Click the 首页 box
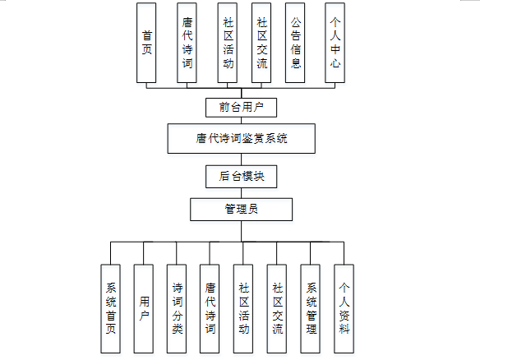coord(147,43)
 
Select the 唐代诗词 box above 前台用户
coord(187,43)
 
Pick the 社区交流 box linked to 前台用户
coord(261,43)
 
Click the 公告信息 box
coord(296,43)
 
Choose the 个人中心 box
coord(334,43)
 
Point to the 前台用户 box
coord(242,108)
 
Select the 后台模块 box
coord(242,176)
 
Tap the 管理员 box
coord(242,209)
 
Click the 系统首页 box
coord(111,309)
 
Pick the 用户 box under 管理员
coord(145,309)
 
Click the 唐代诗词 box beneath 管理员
coord(210,309)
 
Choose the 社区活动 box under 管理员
coord(244,309)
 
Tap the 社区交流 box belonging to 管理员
coord(278,309)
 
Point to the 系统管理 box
coord(312,309)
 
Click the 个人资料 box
coord(345,309)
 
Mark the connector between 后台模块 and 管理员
coord(242,192)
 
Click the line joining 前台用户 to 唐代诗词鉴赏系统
coord(242,121)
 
